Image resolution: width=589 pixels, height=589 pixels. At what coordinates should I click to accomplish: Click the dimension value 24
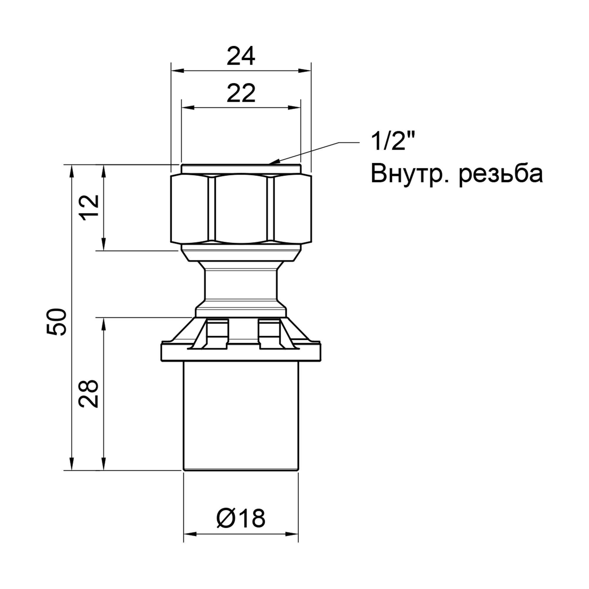click(241, 57)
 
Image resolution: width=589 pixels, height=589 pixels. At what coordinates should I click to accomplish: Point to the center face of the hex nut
click(241, 209)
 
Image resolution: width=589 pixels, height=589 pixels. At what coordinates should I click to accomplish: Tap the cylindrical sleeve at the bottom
click(241, 421)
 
